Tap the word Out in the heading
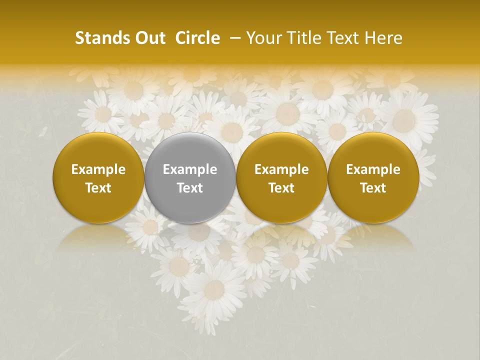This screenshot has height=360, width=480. [149, 38]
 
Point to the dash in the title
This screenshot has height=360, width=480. [233, 38]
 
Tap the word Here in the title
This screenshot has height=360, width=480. [382, 38]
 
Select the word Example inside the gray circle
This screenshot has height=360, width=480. [190, 169]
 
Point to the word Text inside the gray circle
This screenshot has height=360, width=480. [190, 188]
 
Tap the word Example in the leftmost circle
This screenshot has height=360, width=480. [98, 169]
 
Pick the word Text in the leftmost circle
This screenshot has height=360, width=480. [98, 188]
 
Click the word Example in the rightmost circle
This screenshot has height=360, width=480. [373, 169]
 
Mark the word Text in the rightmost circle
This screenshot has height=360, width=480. [373, 188]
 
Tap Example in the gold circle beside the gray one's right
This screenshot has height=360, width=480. [281, 169]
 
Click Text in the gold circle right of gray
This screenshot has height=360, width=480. [281, 188]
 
